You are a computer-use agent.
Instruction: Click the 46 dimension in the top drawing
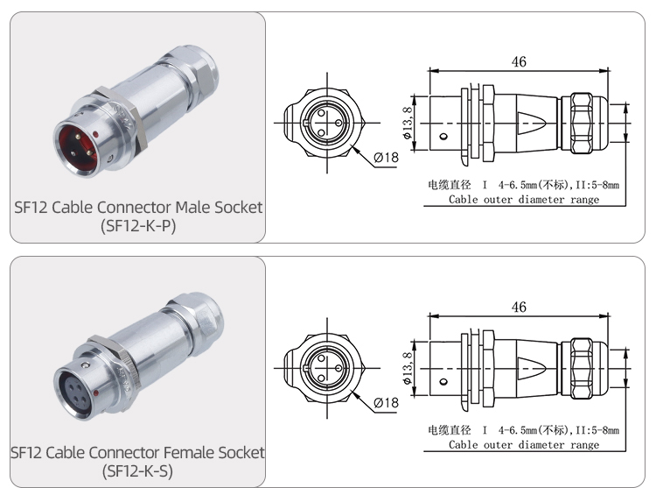tap(519, 61)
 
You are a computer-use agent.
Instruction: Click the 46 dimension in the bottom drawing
tap(519, 307)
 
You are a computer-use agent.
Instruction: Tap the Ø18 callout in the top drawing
tap(386, 157)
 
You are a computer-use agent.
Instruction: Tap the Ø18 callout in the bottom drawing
tap(386, 402)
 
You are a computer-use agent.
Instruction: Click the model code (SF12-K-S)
tap(137, 472)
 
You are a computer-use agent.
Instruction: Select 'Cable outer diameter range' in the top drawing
tap(524, 200)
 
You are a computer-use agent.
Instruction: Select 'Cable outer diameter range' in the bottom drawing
tap(524, 445)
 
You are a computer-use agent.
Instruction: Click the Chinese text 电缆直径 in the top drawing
tap(447, 186)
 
